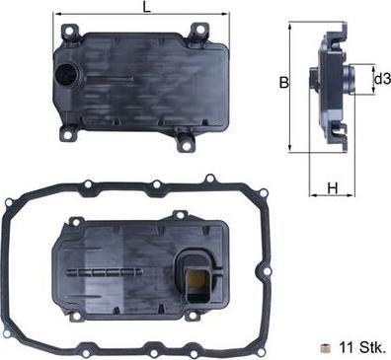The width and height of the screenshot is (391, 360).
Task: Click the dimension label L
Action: tap(147, 8)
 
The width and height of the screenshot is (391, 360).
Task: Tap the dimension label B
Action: tap(283, 84)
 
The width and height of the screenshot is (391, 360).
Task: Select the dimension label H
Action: tap(334, 188)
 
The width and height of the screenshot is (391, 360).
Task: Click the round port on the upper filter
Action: tap(69, 76)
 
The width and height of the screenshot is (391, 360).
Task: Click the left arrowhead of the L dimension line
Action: tap(64, 18)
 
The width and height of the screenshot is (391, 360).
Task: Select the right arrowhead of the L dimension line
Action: tap(227, 18)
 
